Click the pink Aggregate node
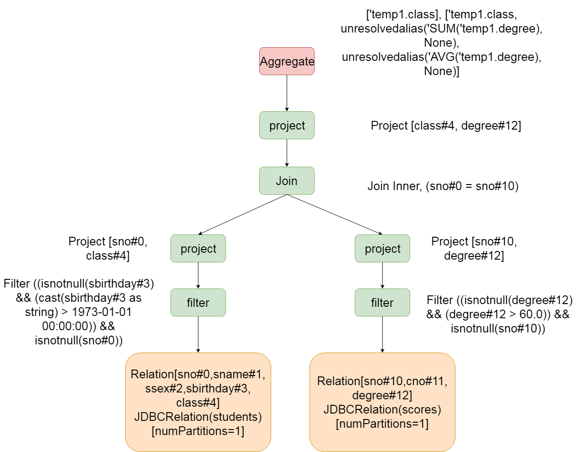pos(287,61)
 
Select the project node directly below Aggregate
pos(287,125)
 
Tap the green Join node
pos(287,180)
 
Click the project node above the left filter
pos(198,248)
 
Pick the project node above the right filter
pos(382,248)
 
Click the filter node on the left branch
pos(198,302)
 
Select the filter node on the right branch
pos(382,302)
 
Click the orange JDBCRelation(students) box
pos(198,402)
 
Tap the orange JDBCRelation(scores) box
pos(382,402)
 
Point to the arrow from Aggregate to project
pos(287,93)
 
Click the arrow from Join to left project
pos(242,215)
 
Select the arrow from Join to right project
pos(335,215)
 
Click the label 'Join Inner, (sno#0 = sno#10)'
pos(443,186)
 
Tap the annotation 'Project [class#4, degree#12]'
pos(446,125)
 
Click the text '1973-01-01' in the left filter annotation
pos(102,312)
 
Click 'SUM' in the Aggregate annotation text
pos(442,28)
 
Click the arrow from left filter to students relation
pos(198,334)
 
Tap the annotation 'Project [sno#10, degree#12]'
pos(474,248)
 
